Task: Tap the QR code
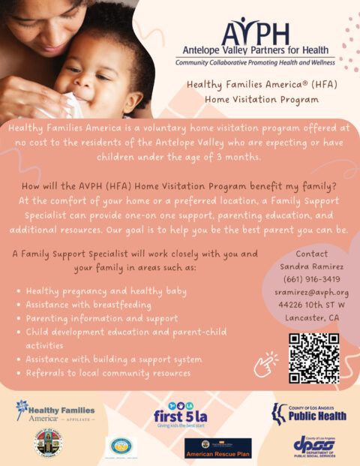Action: pyautogui.click(x=313, y=358)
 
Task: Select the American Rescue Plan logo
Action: pyautogui.click(x=217, y=449)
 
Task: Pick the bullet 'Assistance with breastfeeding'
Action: pyautogui.click(x=88, y=305)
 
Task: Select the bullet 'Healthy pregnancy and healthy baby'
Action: pyautogui.click(x=106, y=291)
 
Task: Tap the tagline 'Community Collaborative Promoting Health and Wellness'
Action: pyautogui.click(x=255, y=63)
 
